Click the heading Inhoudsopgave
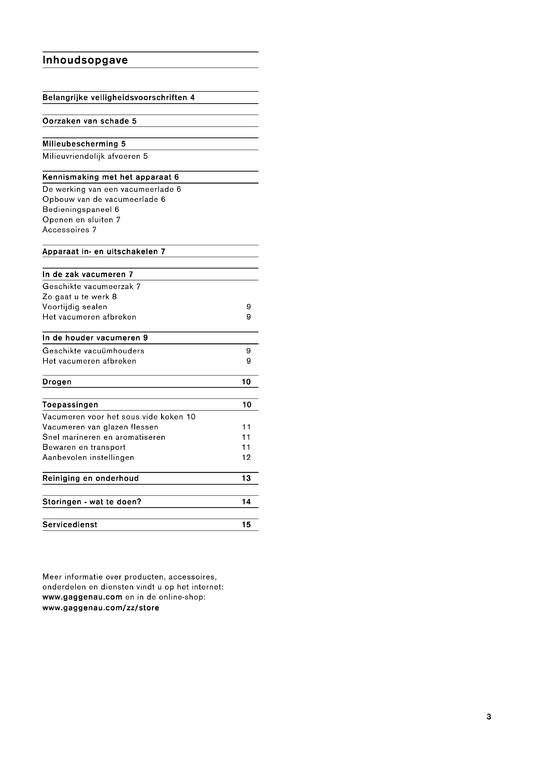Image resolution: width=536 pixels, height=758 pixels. point(85,60)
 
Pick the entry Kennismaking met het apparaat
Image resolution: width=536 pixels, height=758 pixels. point(107,177)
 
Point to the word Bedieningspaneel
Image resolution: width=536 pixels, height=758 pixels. point(77,210)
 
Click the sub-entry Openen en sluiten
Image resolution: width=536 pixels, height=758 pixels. point(78,220)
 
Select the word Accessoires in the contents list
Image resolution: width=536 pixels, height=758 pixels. point(66,230)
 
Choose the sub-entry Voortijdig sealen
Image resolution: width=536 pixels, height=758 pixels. point(75,307)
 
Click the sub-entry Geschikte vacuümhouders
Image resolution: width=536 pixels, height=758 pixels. point(93,351)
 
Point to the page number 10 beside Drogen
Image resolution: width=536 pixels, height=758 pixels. point(246,382)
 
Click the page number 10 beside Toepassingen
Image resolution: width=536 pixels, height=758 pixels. point(247,405)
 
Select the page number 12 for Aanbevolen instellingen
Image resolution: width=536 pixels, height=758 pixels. point(246,458)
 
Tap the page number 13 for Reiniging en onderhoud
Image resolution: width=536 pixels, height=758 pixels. point(246,478)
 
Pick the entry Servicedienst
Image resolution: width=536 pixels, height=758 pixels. point(70,525)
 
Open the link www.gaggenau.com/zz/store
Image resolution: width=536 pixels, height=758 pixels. point(101,608)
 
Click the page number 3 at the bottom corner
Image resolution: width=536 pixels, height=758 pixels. point(489,717)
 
